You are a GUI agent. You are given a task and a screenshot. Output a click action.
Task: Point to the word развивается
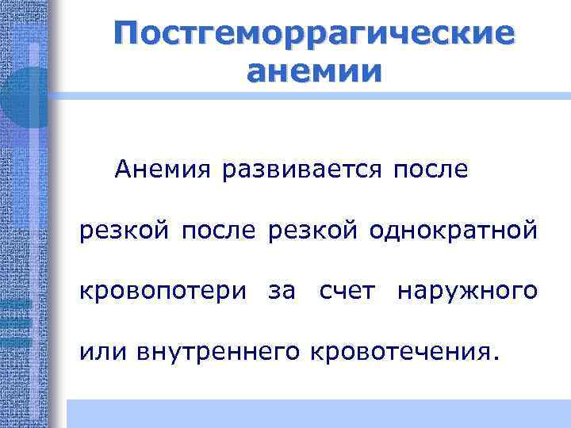pyautogui.click(x=302, y=169)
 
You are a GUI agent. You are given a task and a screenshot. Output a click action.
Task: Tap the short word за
pyautogui.click(x=282, y=292)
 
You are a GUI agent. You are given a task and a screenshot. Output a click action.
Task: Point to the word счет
pyautogui.click(x=346, y=292)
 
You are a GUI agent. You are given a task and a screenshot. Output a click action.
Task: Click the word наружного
pyautogui.click(x=468, y=292)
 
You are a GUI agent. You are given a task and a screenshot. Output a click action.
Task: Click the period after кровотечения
pyautogui.click(x=497, y=357)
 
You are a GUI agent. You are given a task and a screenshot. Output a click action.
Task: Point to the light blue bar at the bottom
pyautogui.click(x=317, y=413)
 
